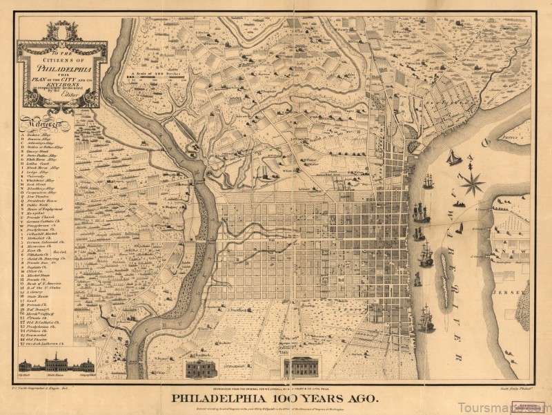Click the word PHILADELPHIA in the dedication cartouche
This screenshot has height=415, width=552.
click(62, 69)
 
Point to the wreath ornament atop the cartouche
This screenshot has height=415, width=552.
click(62, 30)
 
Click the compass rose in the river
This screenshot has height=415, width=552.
click(473, 183)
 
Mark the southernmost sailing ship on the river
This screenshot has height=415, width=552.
click(426, 319)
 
